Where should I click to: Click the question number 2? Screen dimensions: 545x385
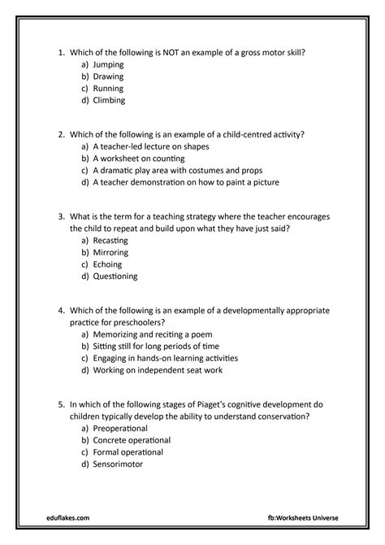click(x=62, y=133)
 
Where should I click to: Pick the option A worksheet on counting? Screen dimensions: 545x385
click(x=138, y=158)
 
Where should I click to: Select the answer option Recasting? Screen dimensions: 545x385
click(x=110, y=241)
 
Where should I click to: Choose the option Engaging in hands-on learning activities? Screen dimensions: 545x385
click(x=170, y=357)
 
